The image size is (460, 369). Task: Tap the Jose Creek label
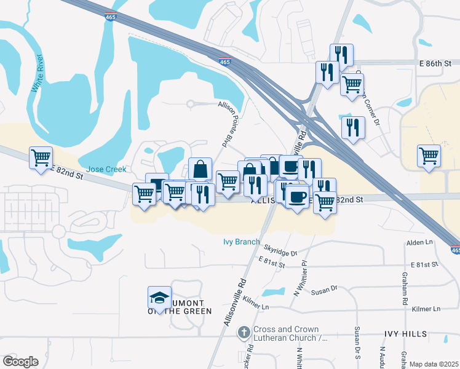[x=106, y=169]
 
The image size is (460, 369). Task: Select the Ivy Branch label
[x=241, y=242]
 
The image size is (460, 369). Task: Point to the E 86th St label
[x=436, y=63]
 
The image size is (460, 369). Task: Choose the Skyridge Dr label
[x=280, y=251]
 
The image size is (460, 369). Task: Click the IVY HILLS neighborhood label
[x=405, y=333]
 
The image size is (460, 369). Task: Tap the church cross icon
[x=244, y=333]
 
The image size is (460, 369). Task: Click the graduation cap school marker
[x=159, y=299]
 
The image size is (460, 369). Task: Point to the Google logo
[x=20, y=362]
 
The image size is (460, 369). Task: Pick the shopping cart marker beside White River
[x=41, y=158]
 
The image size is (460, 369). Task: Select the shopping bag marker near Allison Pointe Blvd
[x=200, y=169]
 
